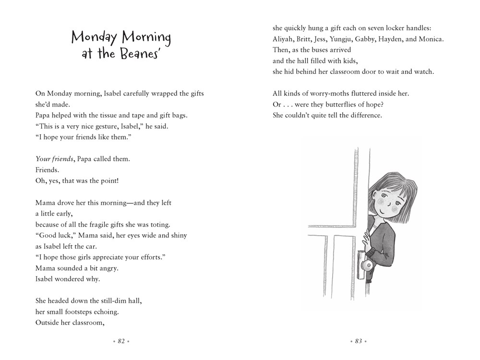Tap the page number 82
tap(121, 341)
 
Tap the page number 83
tap(359, 341)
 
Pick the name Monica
tap(431, 39)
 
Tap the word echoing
tap(105, 312)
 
